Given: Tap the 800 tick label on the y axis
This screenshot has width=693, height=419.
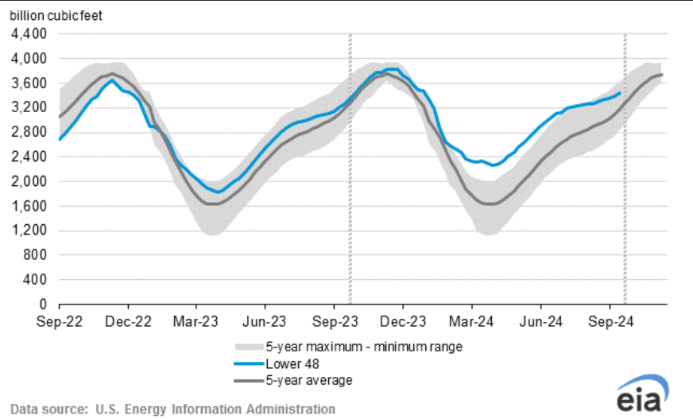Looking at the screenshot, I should pos(35,255).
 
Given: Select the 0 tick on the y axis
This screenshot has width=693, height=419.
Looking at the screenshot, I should pos(45,305).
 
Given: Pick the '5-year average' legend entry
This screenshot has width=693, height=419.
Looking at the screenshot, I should pos(309,380).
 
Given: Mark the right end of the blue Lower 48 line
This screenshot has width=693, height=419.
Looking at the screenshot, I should pos(620,92).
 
